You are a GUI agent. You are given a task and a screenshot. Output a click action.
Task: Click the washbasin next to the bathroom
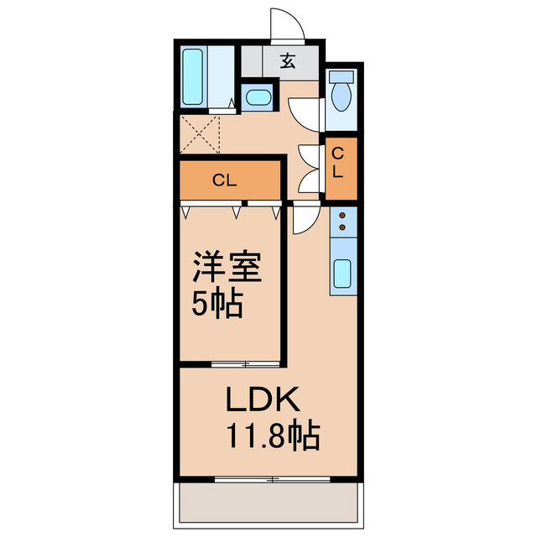pyautogui.click(x=258, y=97)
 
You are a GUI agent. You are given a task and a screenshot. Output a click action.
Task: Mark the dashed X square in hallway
pyautogui.click(x=200, y=134)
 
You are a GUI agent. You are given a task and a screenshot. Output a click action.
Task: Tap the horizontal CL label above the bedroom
pyautogui.click(x=223, y=179)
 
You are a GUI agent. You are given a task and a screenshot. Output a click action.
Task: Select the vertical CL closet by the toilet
pyautogui.click(x=338, y=163)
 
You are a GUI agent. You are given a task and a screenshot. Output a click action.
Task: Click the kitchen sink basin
pyautogui.click(x=342, y=274)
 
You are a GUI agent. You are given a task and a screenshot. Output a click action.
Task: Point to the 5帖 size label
pyautogui.click(x=216, y=304)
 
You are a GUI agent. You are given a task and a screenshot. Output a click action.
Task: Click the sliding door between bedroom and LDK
pyautogui.click(x=245, y=363)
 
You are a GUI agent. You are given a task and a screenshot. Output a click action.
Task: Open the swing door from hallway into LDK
pyautogui.click(x=302, y=220)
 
